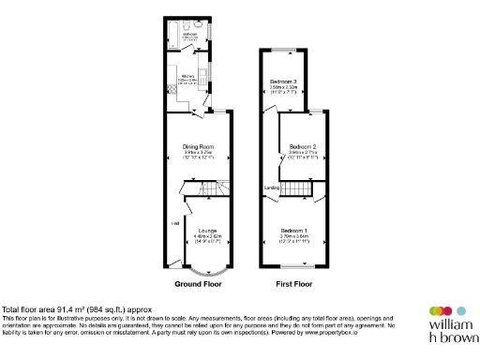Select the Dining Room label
pyautogui.click(x=198, y=146)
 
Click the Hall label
pyautogui.click(x=174, y=223)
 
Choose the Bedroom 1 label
pyautogui.click(x=293, y=230)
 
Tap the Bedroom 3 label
pyautogui.click(x=283, y=82)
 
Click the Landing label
pyautogui.click(x=272, y=188)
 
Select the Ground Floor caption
pyautogui.click(x=198, y=282)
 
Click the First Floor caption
pyautogui.click(x=293, y=282)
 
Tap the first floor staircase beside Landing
pyautogui.click(x=297, y=191)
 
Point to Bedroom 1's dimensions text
pyautogui.click(x=293, y=238)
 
